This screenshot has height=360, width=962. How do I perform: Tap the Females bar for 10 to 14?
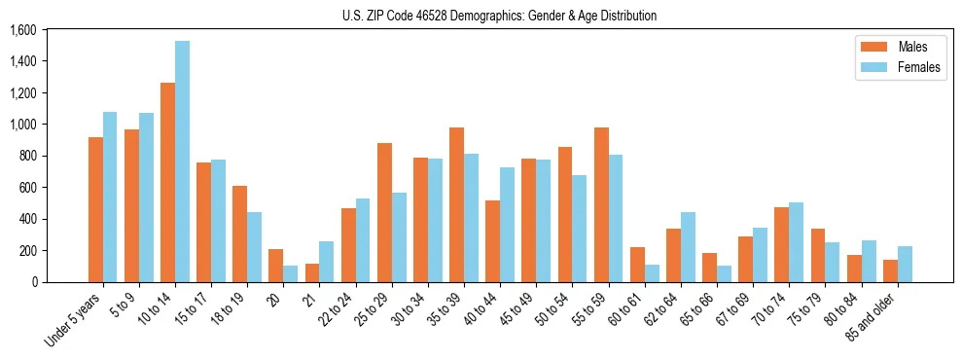(x=182, y=162)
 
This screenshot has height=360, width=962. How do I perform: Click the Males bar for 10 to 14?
(x=167, y=183)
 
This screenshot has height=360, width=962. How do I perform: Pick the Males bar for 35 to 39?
(x=456, y=205)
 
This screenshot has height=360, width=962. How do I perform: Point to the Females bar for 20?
(x=290, y=273)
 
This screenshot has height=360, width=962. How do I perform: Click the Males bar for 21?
(x=312, y=272)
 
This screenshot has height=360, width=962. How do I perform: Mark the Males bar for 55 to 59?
(x=601, y=205)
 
